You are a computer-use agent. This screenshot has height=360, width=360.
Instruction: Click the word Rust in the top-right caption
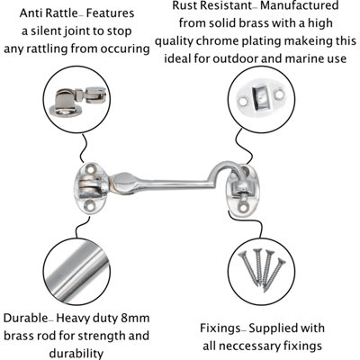(x=184, y=5)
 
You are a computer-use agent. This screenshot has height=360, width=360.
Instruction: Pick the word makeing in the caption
(x=309, y=41)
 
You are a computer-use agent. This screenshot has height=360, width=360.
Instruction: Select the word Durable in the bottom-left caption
(x=25, y=318)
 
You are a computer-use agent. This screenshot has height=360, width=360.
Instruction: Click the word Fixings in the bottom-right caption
(x=220, y=328)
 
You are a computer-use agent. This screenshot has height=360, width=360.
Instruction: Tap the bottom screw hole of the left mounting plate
(x=89, y=206)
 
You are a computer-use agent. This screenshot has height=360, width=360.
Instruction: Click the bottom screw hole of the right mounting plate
(x=243, y=206)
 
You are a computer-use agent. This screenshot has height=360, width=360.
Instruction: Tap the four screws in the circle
(x=262, y=268)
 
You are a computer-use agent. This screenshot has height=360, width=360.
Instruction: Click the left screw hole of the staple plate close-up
(x=243, y=102)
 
